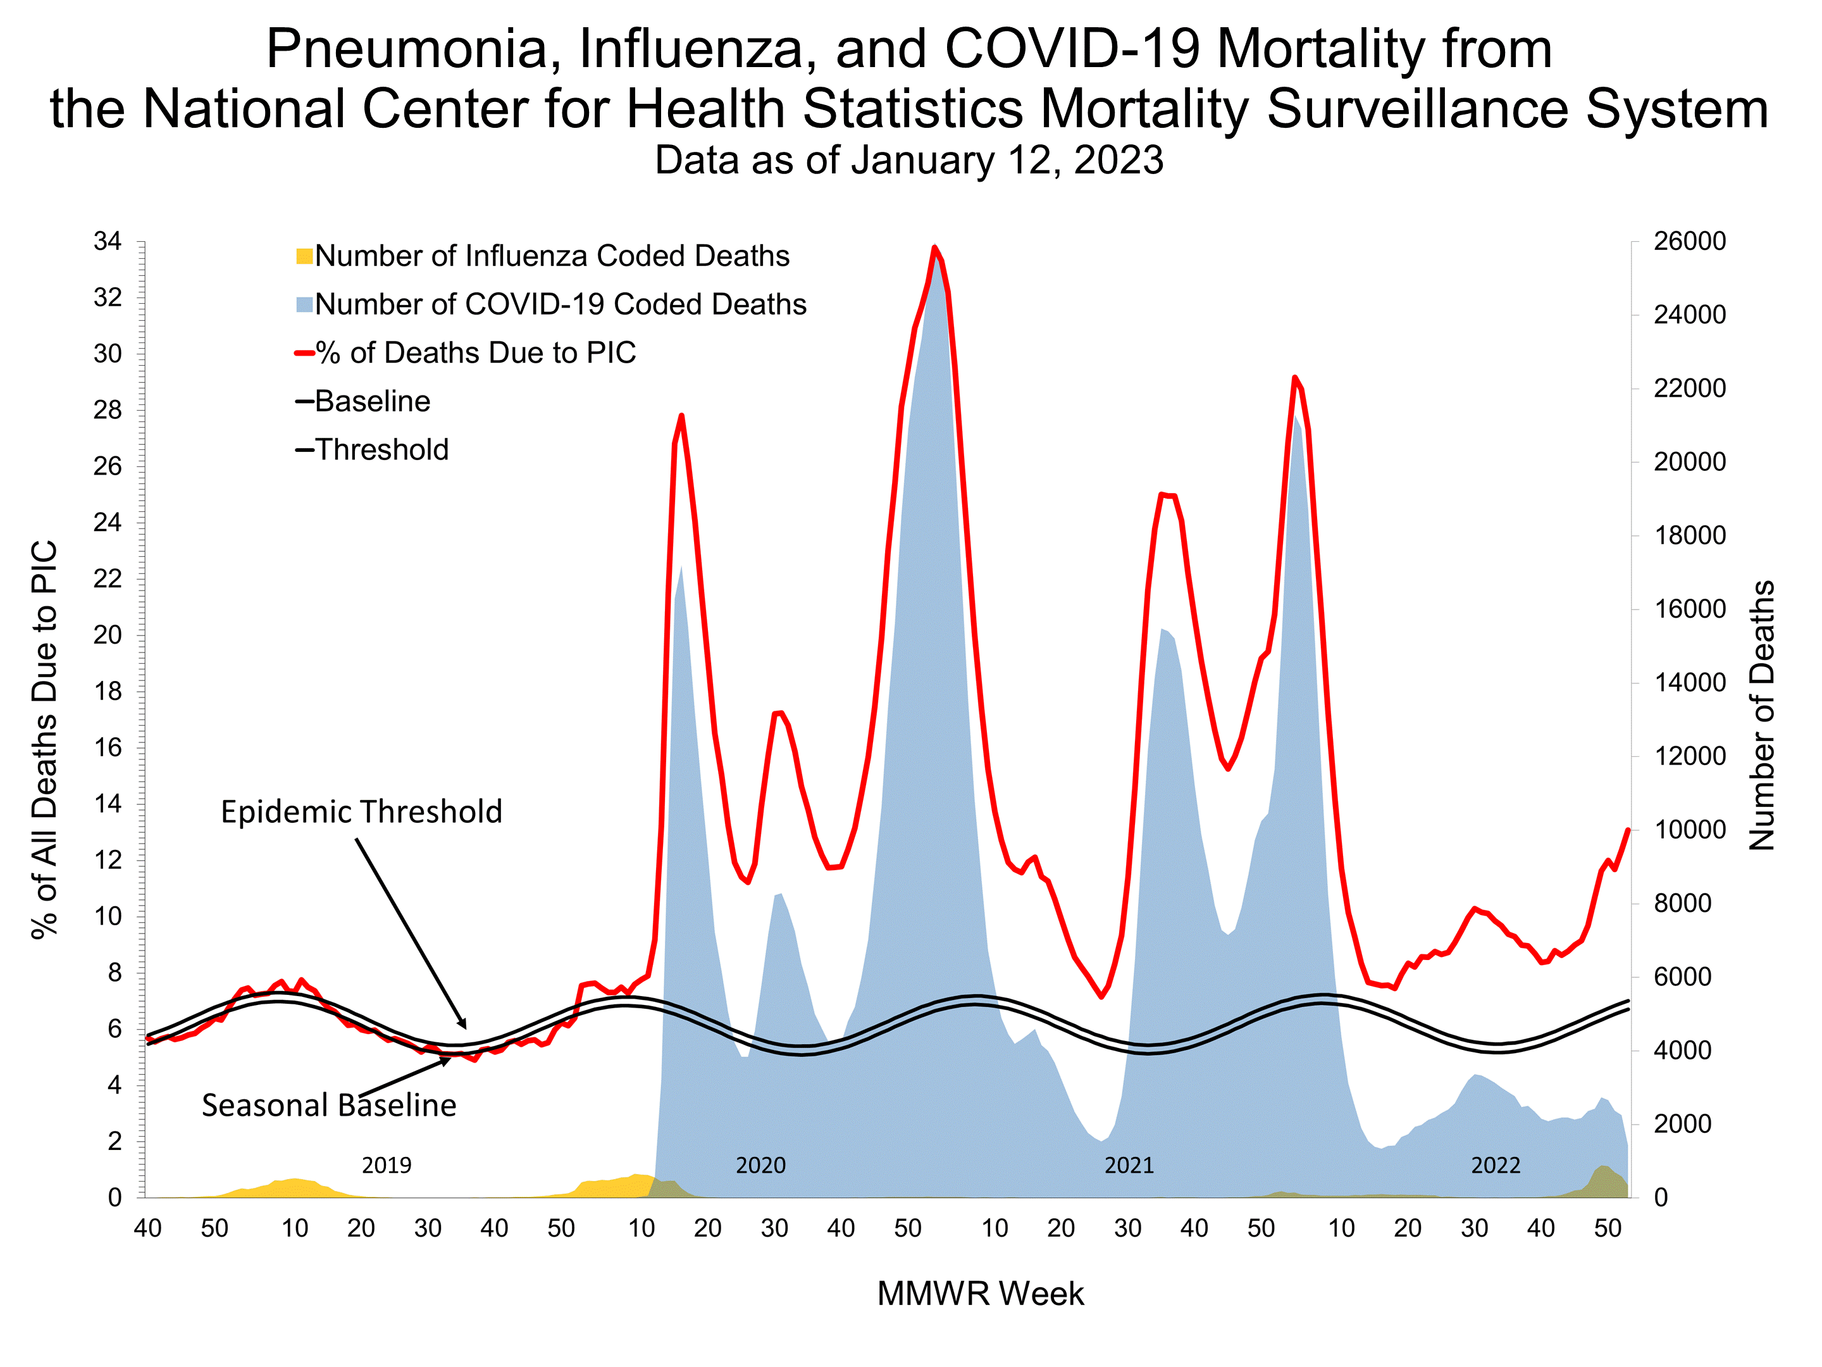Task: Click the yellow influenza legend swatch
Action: point(304,256)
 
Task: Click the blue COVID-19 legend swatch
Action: point(304,305)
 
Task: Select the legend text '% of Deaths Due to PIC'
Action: point(475,353)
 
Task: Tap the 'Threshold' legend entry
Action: point(381,450)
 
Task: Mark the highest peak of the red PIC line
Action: point(934,247)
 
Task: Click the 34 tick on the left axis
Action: point(108,241)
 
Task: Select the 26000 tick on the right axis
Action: point(1689,241)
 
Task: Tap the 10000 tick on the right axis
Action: point(1689,830)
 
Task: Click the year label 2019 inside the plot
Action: point(387,1165)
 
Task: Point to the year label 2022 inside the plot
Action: point(1495,1165)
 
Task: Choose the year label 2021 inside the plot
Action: point(1129,1165)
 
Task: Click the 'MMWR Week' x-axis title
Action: point(979,1294)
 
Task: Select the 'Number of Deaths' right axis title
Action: point(1761,715)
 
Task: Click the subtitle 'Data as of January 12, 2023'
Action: point(908,160)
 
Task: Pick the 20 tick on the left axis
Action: point(108,635)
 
